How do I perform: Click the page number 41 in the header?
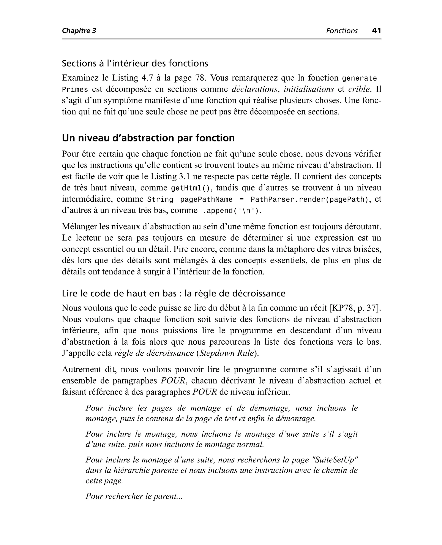[x=376, y=31]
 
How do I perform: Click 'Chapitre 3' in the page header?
[x=79, y=31]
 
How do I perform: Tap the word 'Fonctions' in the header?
[x=342, y=31]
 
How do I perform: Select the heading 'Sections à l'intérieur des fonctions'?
[x=135, y=63]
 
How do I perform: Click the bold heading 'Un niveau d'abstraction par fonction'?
[x=148, y=138]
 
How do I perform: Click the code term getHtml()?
[x=191, y=188]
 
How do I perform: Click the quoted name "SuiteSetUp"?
[x=335, y=460]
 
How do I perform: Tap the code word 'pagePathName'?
[x=206, y=200]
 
